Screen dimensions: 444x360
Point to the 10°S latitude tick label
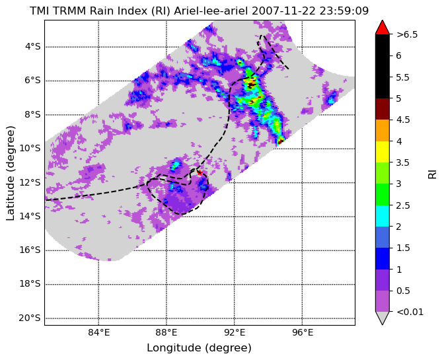[x=30, y=149]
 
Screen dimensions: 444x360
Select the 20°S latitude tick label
[x=30, y=318]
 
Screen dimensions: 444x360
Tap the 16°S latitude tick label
[x=30, y=250]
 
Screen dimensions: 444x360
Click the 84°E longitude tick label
[x=99, y=332]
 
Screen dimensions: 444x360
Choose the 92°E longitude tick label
[x=235, y=332]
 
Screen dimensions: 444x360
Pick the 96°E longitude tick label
[x=303, y=332]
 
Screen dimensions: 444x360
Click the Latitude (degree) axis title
[x=10, y=173]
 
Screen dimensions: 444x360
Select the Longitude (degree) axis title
[x=199, y=348]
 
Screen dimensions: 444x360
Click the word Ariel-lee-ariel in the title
[x=211, y=11]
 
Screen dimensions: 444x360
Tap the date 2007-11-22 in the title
[x=284, y=11]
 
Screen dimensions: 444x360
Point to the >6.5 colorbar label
[x=407, y=34]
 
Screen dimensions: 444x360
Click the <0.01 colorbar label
[x=410, y=312]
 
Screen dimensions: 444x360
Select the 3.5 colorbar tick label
[x=403, y=162]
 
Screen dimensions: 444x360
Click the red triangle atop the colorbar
[x=383, y=27]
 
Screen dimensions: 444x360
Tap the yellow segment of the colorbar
[x=383, y=152]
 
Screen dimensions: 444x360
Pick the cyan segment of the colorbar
[x=383, y=215]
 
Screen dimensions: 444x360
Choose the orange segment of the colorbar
[x=383, y=131]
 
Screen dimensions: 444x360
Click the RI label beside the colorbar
[x=432, y=174]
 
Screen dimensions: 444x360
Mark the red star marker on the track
[x=200, y=172]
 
